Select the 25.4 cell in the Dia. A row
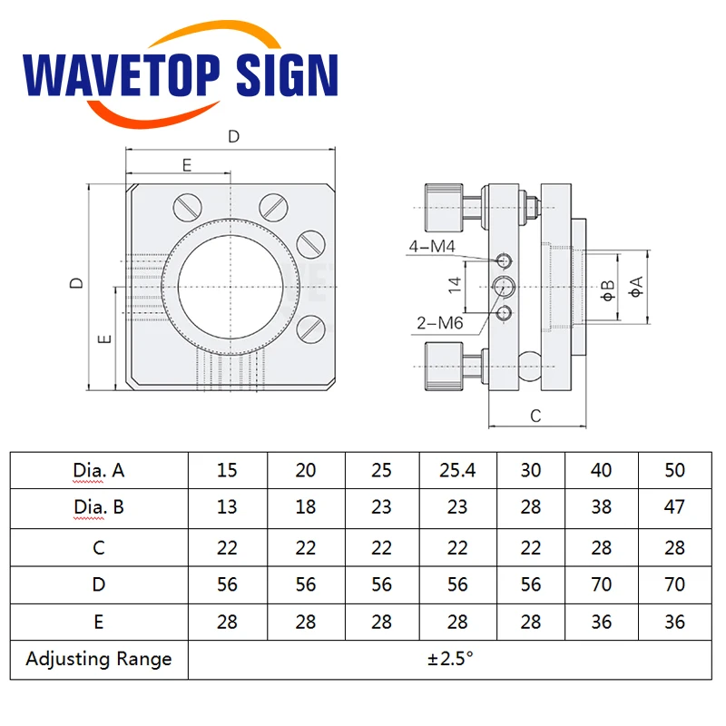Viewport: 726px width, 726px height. tap(456, 470)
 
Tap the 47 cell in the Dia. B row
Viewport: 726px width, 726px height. tap(674, 507)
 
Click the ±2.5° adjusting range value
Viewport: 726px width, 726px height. tap(450, 659)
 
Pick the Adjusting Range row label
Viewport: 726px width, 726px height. tap(99, 659)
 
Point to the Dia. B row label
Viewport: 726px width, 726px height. tap(99, 507)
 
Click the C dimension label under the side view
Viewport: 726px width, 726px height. tap(535, 416)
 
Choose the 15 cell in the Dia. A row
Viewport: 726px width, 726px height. tap(227, 470)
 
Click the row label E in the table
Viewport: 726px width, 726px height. tap(99, 622)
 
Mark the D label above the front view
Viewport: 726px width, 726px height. tap(233, 137)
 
